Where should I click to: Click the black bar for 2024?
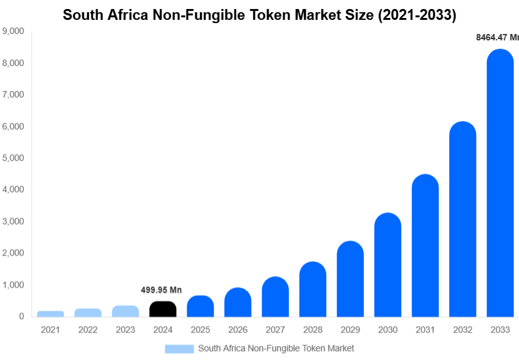(163, 309)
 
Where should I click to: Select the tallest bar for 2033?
(500, 186)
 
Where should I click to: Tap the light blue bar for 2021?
(51, 314)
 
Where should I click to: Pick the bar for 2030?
(388, 266)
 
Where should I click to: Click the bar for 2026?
(238, 302)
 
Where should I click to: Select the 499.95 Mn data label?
(161, 290)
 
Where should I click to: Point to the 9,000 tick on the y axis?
(13, 31)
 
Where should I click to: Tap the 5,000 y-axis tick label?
(13, 158)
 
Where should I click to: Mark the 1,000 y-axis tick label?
(13, 284)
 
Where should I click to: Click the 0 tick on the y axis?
(22, 316)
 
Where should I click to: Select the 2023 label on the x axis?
(126, 330)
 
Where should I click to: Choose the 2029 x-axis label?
(350, 330)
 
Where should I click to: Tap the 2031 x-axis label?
(425, 330)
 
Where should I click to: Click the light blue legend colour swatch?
(179, 348)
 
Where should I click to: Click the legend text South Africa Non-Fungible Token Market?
(276, 348)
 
